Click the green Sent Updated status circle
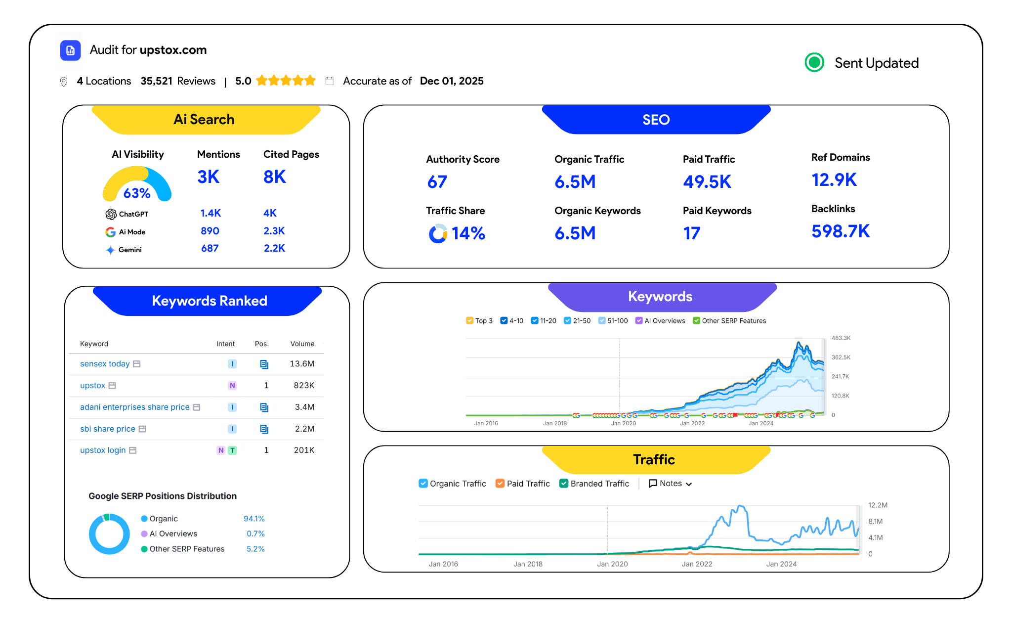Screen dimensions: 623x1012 [814, 62]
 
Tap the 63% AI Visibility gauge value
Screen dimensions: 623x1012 [137, 193]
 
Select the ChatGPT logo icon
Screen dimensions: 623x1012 [111, 214]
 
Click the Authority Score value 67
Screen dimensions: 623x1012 [437, 182]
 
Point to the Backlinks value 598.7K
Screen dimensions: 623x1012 [840, 231]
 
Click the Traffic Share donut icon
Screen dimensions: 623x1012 [438, 233]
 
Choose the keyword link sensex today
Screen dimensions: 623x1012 [105, 364]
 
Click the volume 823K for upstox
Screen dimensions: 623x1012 [304, 385]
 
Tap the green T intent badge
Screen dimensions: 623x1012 [232, 450]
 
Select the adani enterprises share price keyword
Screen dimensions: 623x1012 [134, 407]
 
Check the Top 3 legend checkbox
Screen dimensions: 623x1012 [469, 320]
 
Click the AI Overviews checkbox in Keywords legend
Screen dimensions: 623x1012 [639, 320]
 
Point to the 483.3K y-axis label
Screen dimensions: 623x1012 [841, 338]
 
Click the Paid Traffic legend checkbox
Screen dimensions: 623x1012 [500, 484]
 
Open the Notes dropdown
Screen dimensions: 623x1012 [670, 484]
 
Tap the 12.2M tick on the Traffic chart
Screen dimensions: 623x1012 [878, 505]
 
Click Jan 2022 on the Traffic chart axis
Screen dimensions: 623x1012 [697, 564]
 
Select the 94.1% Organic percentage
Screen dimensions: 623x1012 [254, 519]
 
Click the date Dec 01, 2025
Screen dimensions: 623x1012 [452, 81]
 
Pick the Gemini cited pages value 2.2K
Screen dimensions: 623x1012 [274, 248]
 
